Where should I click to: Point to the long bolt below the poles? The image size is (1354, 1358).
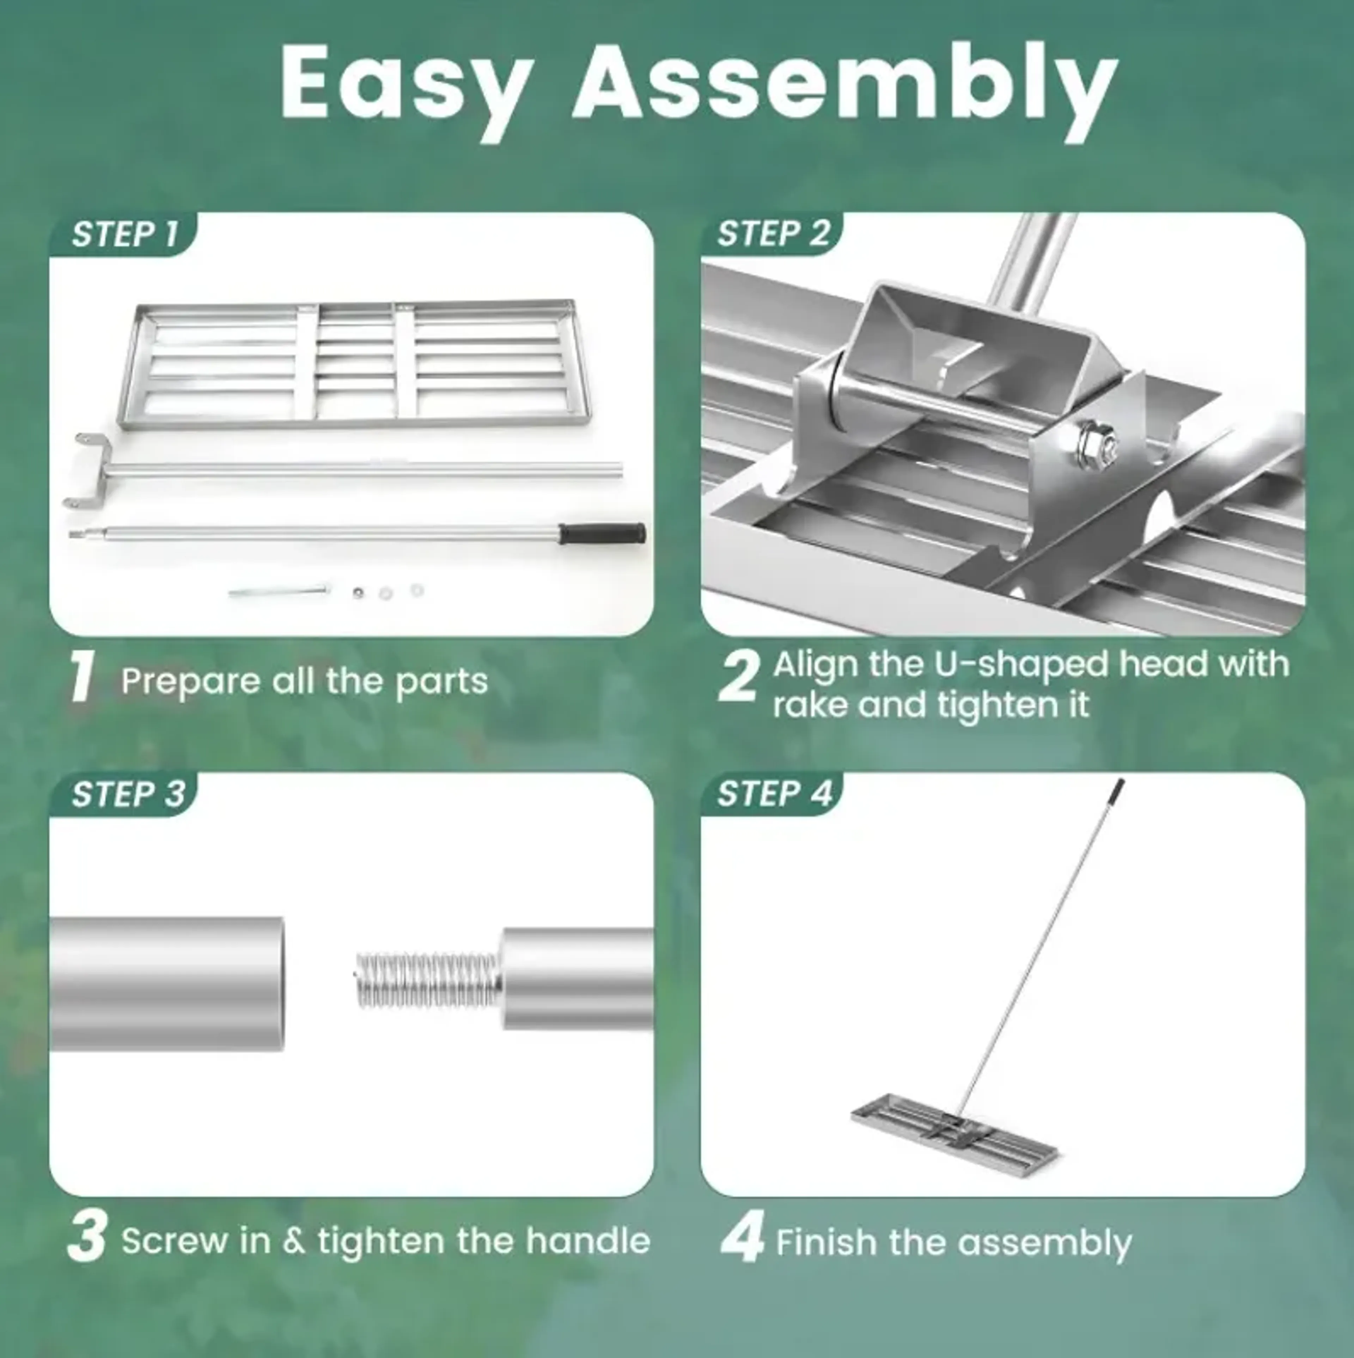(x=279, y=591)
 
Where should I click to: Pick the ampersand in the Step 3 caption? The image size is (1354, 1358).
(x=294, y=1241)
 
